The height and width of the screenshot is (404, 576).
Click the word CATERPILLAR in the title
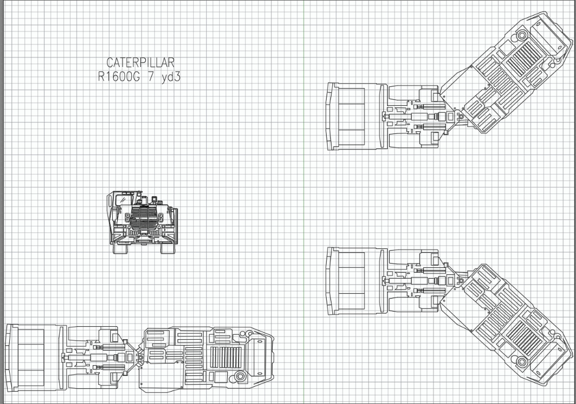140,63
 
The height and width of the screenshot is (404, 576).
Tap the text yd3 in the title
171,77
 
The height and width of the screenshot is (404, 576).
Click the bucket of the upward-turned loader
354,116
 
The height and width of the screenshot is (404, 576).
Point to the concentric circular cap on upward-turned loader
522,35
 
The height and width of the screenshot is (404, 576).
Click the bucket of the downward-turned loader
354,280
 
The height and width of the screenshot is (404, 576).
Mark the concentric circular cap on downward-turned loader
522,361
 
